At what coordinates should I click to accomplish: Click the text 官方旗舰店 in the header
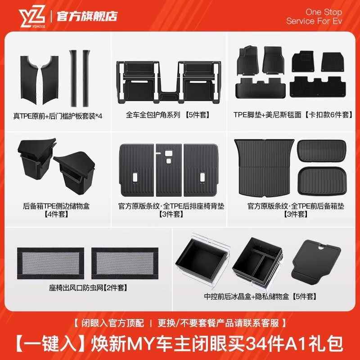(86, 16)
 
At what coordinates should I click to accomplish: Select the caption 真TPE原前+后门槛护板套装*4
(58, 115)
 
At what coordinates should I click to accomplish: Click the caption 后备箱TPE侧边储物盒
(56, 206)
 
